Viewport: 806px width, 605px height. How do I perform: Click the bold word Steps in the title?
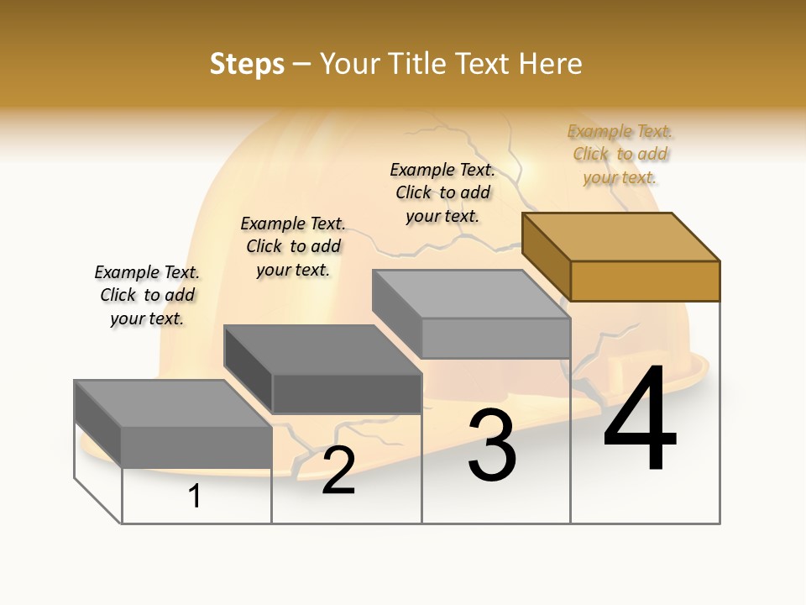pos(247,64)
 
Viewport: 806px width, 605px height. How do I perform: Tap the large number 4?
pos(640,419)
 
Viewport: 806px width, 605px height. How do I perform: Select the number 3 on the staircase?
pos(492,445)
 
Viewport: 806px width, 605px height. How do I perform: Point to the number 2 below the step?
pos(338,471)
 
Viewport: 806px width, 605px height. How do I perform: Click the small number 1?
pos(195,496)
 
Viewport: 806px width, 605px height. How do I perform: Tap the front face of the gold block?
pos(645,281)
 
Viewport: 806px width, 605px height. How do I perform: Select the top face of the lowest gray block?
pos(173,403)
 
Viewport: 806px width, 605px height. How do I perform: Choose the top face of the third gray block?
pos(471,294)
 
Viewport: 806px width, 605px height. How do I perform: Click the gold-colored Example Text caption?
pos(620,154)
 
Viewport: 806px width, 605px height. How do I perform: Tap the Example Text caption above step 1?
pos(147,295)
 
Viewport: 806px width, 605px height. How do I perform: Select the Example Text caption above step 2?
pos(293,246)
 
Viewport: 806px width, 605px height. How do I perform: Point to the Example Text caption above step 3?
pos(442,192)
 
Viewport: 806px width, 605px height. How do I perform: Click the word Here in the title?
pos(550,64)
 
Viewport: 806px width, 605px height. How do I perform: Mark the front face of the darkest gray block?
pos(347,393)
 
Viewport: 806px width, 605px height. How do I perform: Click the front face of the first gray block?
pos(196,446)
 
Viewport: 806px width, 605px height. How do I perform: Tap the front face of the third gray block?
pos(495,338)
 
